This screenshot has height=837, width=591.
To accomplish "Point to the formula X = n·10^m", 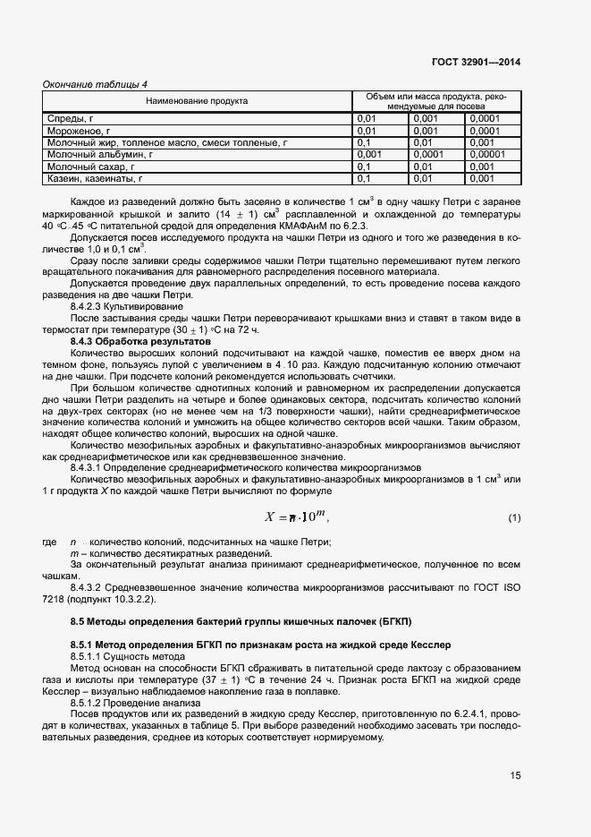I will [297, 517].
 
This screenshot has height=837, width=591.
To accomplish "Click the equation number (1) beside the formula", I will [514, 518].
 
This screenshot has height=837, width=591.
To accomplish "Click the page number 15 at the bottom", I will [515, 775].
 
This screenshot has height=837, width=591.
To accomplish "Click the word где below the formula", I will [51, 542].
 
